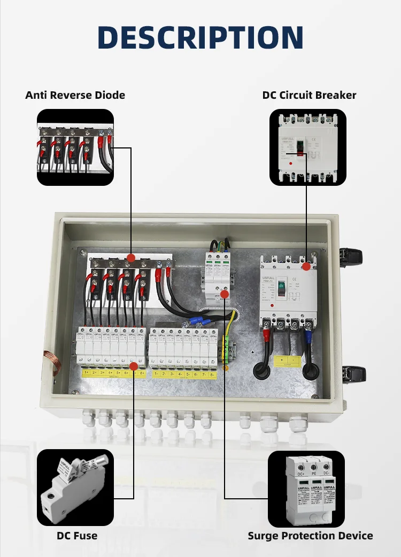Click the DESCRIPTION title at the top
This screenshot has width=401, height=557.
point(200,37)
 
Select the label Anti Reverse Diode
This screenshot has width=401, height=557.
point(75,95)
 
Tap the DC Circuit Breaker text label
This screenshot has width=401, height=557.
point(309,95)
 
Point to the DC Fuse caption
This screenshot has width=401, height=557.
point(77,535)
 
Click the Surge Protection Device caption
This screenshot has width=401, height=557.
point(310,535)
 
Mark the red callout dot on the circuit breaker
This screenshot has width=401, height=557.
point(306,266)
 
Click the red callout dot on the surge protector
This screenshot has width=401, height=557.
point(225,294)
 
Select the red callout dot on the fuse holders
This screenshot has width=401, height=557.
point(134,364)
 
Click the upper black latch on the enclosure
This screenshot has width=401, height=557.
point(353,257)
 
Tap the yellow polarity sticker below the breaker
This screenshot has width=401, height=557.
point(287,361)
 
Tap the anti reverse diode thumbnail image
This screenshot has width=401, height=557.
point(75,147)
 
